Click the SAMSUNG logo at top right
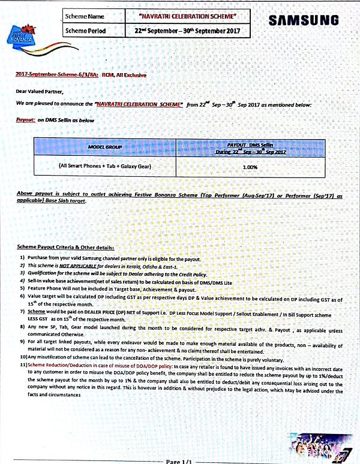[304, 20]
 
